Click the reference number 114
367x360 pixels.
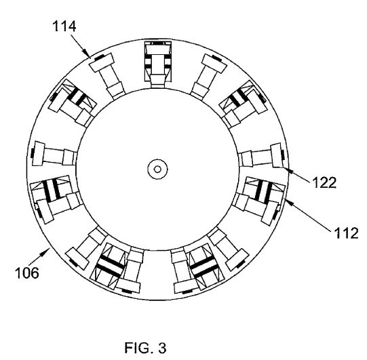pos(64,26)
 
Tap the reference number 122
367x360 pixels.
pos(324,182)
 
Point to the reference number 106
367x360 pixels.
pos(27,273)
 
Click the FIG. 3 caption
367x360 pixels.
pos(146,348)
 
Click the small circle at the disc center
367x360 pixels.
pos(157,169)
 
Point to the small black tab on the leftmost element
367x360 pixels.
pos(33,153)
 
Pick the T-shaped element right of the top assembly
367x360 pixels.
pos(208,75)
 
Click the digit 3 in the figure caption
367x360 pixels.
pos(162,348)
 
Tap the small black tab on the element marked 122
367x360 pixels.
pos(283,155)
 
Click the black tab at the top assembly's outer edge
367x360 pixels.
pos(158,43)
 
